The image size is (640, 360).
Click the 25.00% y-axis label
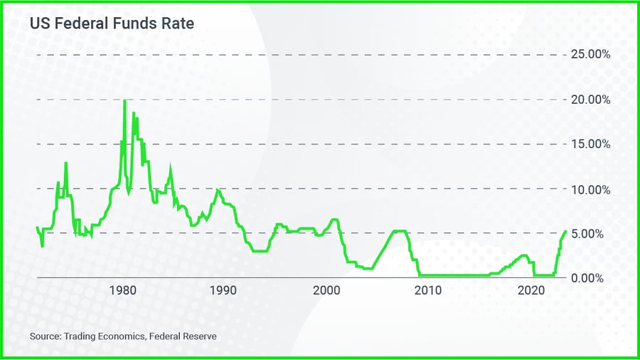[x=587, y=55]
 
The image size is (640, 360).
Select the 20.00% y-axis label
[x=587, y=100]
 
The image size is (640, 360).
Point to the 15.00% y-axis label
[x=587, y=144]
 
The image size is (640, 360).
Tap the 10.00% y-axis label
[x=587, y=189]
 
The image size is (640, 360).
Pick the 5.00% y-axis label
[x=589, y=233]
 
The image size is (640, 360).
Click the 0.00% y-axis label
[x=589, y=277]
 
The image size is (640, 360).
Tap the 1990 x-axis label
[x=223, y=290]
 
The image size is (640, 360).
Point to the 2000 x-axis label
[x=326, y=290]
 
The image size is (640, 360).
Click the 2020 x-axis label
[x=531, y=290]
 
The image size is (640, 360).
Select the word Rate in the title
[x=179, y=23]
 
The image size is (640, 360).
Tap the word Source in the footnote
[x=44, y=335]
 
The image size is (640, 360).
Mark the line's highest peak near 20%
[x=124, y=100]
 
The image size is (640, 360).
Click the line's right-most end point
[x=566, y=231]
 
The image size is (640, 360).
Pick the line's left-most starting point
[x=36, y=227]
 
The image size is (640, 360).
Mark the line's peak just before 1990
[x=218, y=190]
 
